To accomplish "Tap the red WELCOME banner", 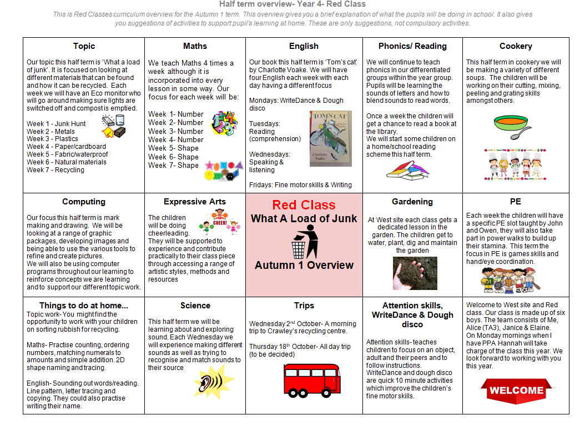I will click(516, 390).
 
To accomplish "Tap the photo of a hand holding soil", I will click(412, 273).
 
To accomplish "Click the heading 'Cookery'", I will click(516, 46).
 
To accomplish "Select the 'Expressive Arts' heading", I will click(195, 202).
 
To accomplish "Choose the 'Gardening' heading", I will click(412, 202).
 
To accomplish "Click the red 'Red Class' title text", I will click(304, 205).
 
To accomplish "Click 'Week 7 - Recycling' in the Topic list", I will click(56, 170).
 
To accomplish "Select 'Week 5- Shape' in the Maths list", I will click(173, 148).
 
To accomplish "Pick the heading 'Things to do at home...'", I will click(84, 306).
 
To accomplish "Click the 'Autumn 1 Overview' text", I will click(304, 265).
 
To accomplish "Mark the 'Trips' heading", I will click(304, 306).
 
